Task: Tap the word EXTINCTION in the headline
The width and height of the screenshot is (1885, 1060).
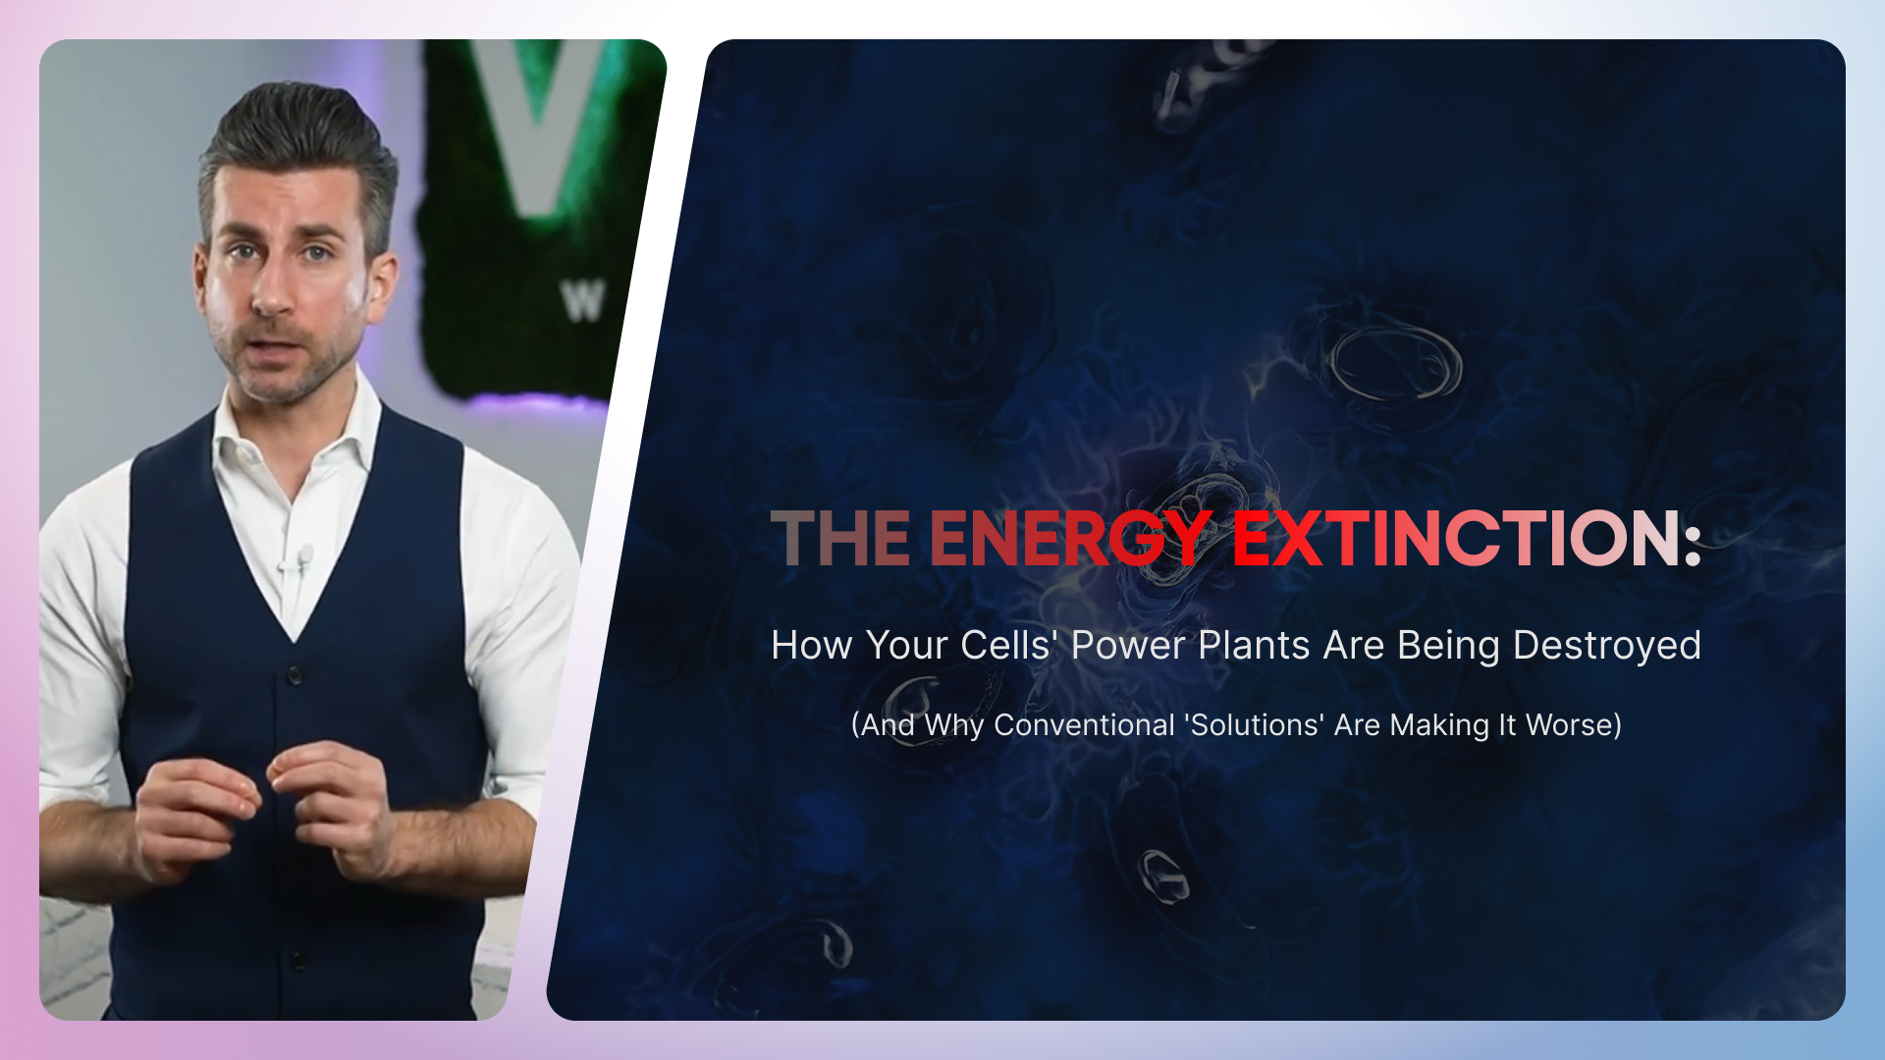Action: [x=1457, y=538]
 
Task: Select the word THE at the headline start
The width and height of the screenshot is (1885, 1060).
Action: [x=841, y=538]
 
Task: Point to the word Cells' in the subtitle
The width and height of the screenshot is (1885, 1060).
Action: [x=1006, y=645]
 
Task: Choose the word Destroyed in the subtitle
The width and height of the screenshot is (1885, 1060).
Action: [x=1607, y=646]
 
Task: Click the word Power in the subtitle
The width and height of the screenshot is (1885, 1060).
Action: [x=1128, y=645]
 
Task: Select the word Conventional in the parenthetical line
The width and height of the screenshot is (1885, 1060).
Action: [x=1084, y=724]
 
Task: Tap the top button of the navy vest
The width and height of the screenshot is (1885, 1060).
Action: [x=295, y=675]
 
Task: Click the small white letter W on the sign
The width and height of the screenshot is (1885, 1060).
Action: [x=582, y=301]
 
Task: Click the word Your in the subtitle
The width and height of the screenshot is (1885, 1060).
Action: [x=906, y=645]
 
